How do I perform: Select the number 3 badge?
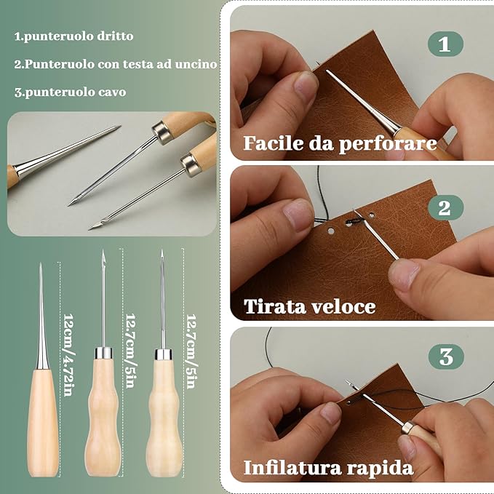pos(446,356)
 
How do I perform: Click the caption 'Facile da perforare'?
pos(340,143)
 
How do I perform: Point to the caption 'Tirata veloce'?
pos(310,306)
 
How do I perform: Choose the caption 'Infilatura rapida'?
pos(328,466)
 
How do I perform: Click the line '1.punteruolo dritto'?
pos(74,36)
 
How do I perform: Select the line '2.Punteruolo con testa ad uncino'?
pos(116,64)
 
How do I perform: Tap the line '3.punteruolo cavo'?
pos(70,92)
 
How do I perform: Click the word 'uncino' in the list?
pos(197,64)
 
